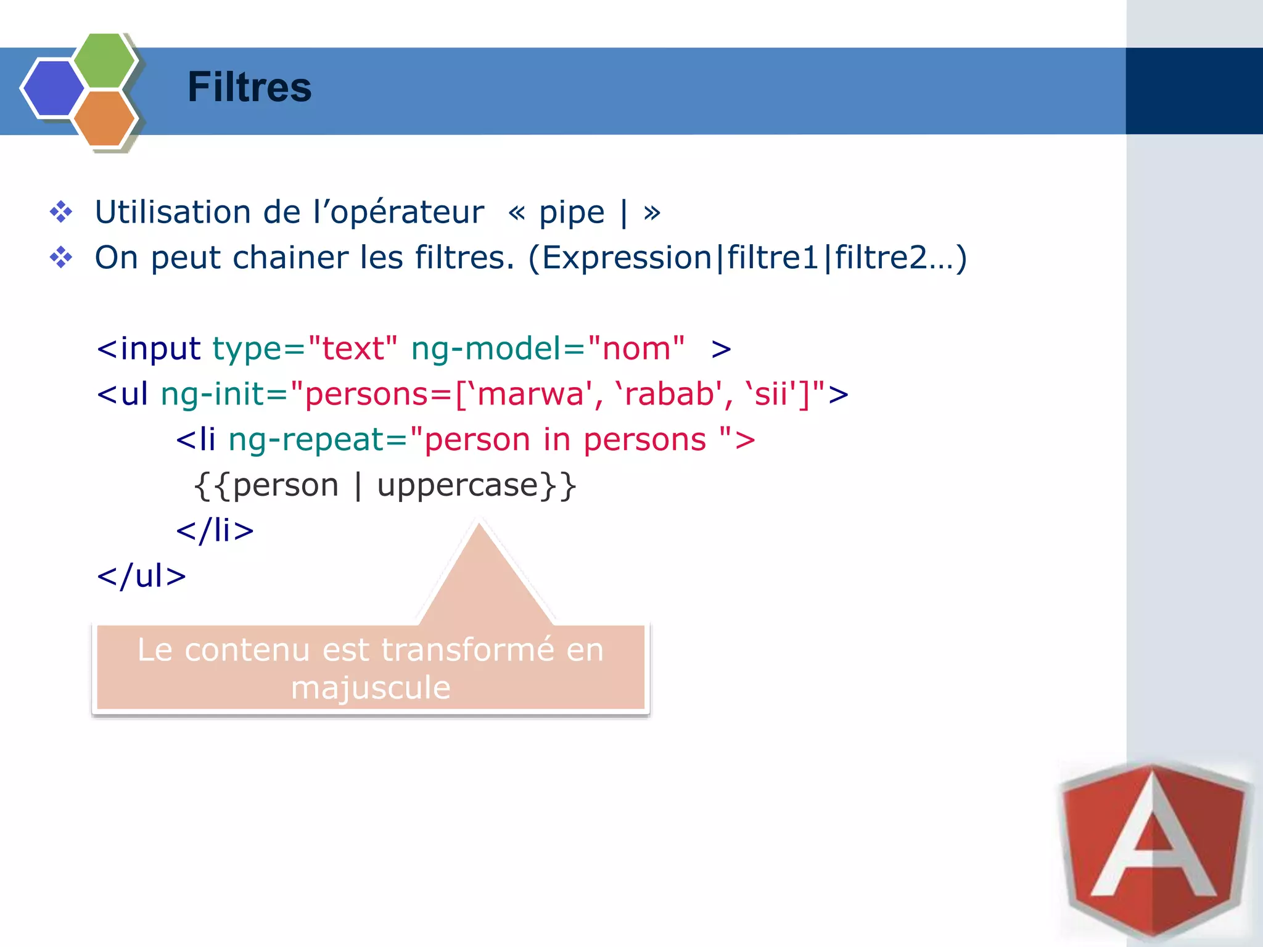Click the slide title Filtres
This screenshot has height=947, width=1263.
pos(249,87)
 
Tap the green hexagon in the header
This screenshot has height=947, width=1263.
pos(104,60)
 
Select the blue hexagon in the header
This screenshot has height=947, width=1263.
pos(53,88)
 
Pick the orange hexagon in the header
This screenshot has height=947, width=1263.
pos(104,118)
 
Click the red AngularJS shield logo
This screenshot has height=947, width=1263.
pos(1153,851)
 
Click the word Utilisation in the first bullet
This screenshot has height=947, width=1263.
pos(173,212)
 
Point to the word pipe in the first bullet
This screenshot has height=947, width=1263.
pos(572,213)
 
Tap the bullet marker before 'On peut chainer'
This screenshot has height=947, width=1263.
pos(61,257)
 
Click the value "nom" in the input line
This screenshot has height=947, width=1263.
pos(636,348)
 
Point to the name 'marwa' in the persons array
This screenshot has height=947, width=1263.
pos(531,393)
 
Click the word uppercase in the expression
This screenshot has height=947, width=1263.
pos(458,485)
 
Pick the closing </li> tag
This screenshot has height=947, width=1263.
pos(215,530)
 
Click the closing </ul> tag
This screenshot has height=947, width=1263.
pos(141,576)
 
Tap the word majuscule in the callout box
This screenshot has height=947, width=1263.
pos(371,687)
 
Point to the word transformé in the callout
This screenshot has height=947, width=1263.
pos(467,649)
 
